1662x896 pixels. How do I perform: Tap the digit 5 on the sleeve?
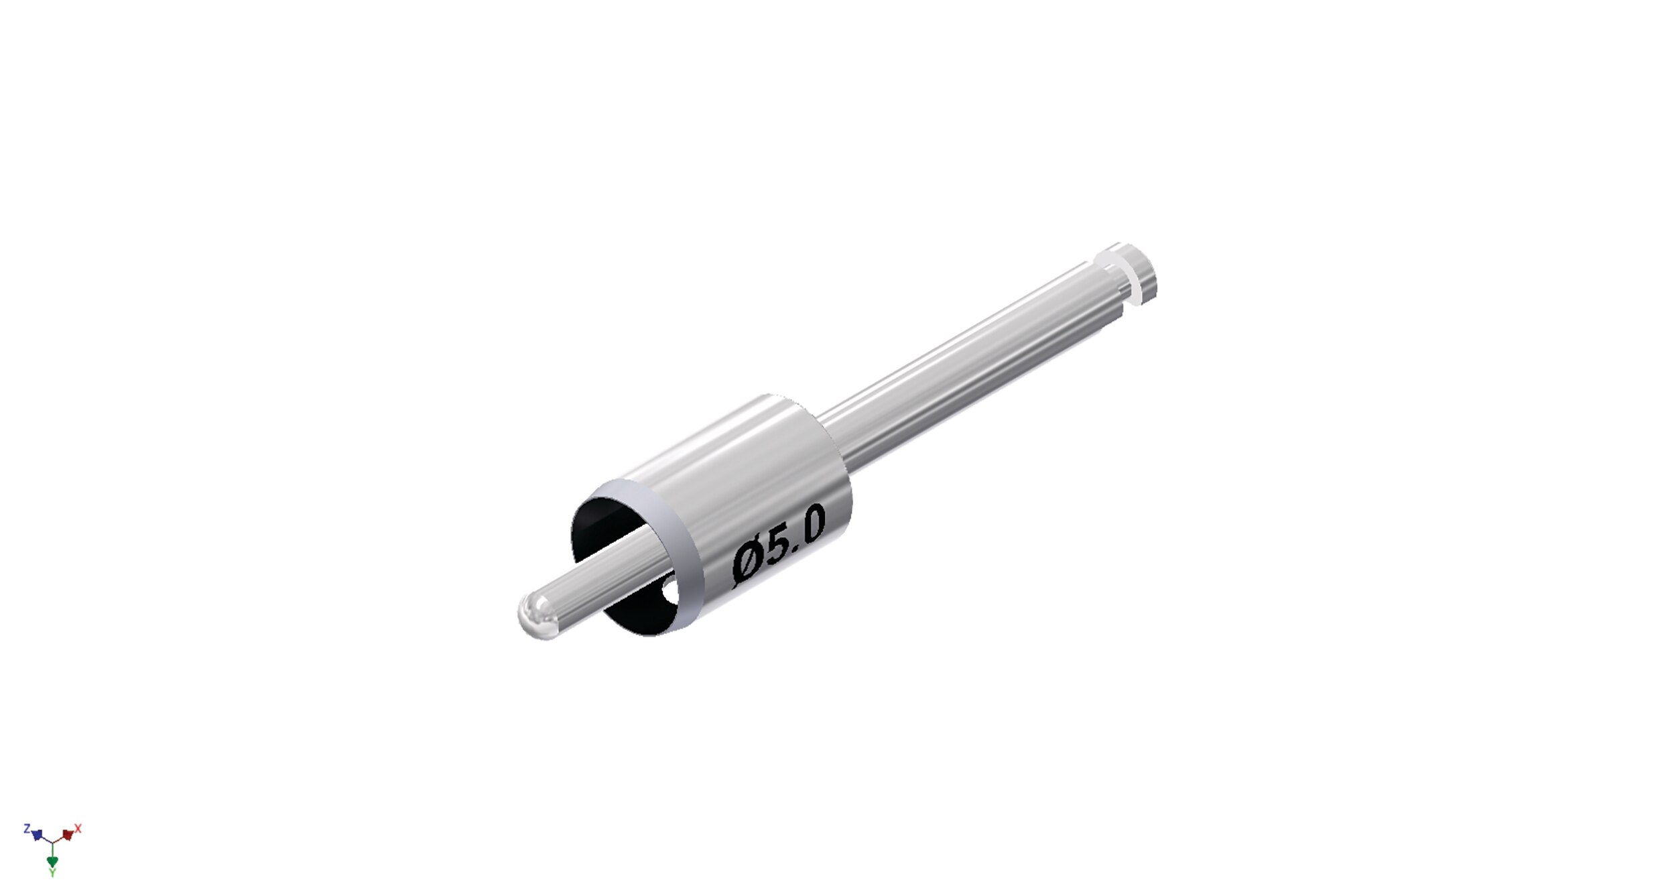tap(781, 545)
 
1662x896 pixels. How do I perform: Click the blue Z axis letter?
tap(27, 828)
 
